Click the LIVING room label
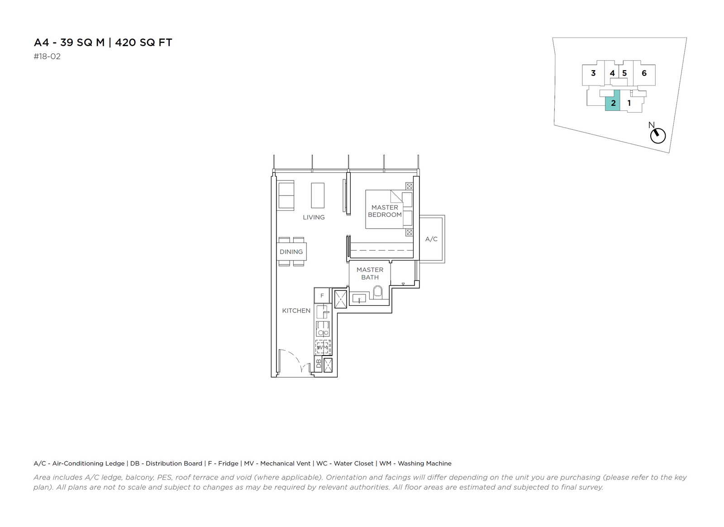pyautogui.click(x=314, y=218)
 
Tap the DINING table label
pyautogui.click(x=291, y=252)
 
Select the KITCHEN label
pyautogui.click(x=296, y=310)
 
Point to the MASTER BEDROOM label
pyautogui.click(x=385, y=211)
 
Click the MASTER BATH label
pyautogui.click(x=370, y=273)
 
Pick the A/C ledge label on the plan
pyautogui.click(x=431, y=239)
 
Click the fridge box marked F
pyautogui.click(x=322, y=295)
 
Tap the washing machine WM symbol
pyautogui.click(x=323, y=347)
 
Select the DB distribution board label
pyautogui.click(x=319, y=364)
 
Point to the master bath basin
pyautogui.click(x=359, y=298)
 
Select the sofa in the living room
pyautogui.click(x=286, y=195)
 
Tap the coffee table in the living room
pyautogui.click(x=317, y=195)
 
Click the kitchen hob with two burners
pyautogui.click(x=323, y=329)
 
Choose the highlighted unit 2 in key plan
pyautogui.click(x=613, y=100)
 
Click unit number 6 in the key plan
pyautogui.click(x=644, y=73)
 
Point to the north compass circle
pyautogui.click(x=658, y=136)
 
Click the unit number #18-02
pyautogui.click(x=47, y=57)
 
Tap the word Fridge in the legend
pyautogui.click(x=228, y=464)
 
